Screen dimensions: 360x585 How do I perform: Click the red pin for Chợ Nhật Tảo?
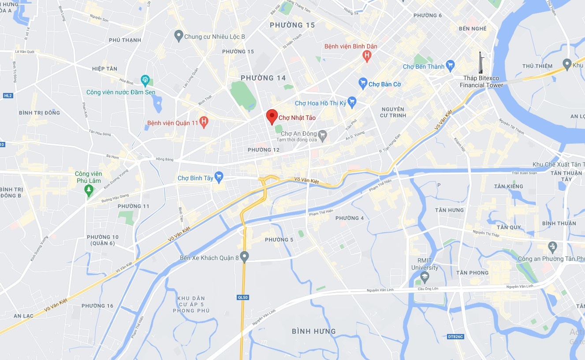[272, 116]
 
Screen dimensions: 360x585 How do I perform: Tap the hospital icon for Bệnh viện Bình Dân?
[366, 56]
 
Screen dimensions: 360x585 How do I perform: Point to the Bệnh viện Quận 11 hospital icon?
[204, 122]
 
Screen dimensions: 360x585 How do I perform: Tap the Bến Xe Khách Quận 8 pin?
[245, 256]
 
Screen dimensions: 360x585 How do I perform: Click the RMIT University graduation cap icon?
[425, 278]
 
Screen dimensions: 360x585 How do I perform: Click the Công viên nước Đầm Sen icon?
[145, 80]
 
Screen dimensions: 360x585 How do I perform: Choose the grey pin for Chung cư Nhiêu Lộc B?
[179, 36]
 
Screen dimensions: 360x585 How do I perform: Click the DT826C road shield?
[455, 337]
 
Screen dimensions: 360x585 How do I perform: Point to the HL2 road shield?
[7, 95]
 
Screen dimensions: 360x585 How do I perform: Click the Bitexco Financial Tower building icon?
[481, 63]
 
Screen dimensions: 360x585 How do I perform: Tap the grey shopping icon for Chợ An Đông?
[323, 134]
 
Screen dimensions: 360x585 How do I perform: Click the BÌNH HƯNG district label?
[314, 331]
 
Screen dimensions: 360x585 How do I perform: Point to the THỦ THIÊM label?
[537, 66]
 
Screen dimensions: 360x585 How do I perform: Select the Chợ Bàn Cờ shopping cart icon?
[363, 84]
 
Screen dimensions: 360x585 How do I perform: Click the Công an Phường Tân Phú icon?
[553, 246]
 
